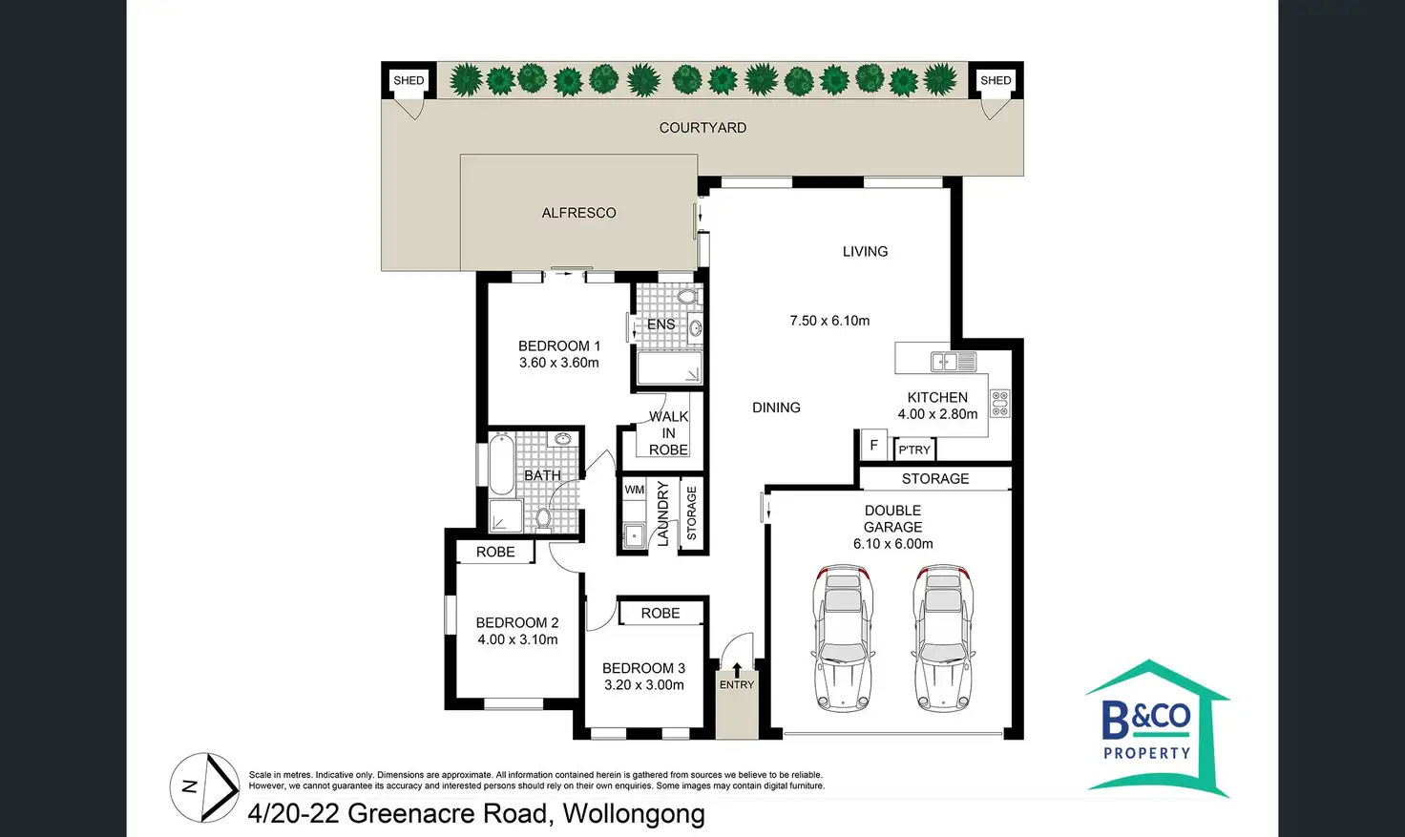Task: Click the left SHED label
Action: coord(409,80)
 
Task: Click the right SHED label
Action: coord(996,80)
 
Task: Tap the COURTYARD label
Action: coord(702,128)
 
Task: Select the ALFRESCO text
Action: coord(578,213)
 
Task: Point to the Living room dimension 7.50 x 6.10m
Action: coord(829,321)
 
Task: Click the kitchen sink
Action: coord(954,362)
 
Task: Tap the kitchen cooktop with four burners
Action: coord(999,403)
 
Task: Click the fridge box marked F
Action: coord(873,446)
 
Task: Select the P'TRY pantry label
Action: coord(913,450)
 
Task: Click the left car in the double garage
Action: coord(843,638)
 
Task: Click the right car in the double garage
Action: coord(942,638)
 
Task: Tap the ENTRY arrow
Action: coord(737,670)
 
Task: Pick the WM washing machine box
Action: coord(634,490)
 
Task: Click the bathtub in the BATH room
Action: coord(501,465)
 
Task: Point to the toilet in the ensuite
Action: coord(687,296)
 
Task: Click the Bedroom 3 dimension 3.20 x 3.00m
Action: coord(643,685)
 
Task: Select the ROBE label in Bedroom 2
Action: coord(494,553)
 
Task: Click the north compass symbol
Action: coord(204,788)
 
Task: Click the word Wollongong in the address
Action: coord(634,814)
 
